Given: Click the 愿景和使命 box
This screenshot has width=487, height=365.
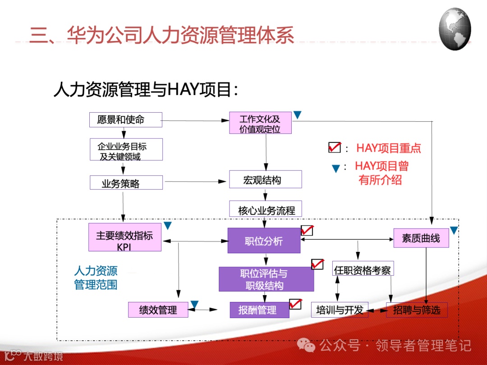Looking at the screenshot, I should tap(125, 120).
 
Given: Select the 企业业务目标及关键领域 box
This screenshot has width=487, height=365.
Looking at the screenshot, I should tap(126, 150).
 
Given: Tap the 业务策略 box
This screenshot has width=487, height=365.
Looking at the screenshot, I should tap(126, 182).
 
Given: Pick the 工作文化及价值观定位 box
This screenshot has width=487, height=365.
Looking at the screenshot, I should tap(260, 123).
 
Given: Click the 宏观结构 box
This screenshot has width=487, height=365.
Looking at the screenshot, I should tap(265, 179).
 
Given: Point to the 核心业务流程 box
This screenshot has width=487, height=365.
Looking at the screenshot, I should tap(265, 209).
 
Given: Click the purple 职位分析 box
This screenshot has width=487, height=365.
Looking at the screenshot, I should tap(264, 241).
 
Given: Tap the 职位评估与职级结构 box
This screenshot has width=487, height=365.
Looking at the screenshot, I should tap(266, 279).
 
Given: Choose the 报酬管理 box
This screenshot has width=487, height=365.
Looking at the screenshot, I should tap(259, 310).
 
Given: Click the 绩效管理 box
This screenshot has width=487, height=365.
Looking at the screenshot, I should tap(158, 310).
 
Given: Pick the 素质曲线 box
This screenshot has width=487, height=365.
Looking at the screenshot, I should tap(421, 238).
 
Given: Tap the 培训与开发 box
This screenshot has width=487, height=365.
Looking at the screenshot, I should tap(339, 310).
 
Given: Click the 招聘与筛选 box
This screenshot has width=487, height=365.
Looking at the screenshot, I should tap(417, 310).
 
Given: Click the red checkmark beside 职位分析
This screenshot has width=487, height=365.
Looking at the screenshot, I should tap(307, 230).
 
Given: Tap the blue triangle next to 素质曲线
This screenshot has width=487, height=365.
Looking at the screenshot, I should tap(454, 230).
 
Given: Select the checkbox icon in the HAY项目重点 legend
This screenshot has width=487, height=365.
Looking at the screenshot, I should tap(334, 147).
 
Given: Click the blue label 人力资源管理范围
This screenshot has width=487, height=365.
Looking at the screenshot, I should tap(96, 278).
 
